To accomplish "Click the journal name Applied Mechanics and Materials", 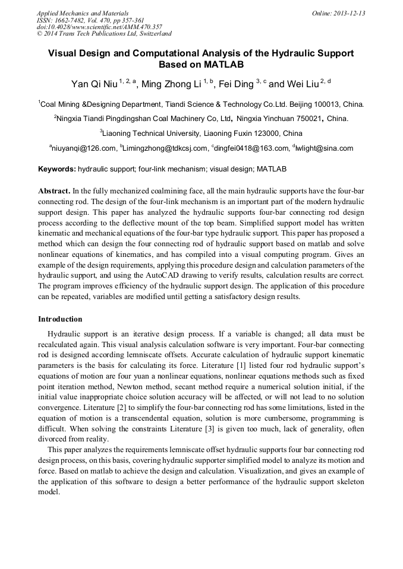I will point(83,13).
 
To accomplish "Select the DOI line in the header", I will point(99,27).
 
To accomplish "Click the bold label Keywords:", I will point(57,169).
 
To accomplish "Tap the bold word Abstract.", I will point(54,192).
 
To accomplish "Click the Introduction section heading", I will point(60,319).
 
